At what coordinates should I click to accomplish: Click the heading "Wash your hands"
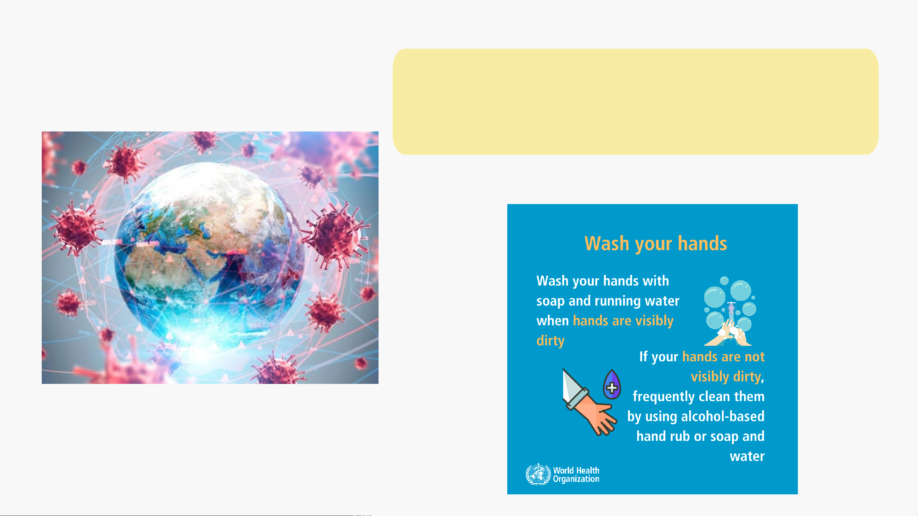[655, 244]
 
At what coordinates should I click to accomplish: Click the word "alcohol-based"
[723, 416]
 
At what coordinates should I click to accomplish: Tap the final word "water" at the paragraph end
[747, 456]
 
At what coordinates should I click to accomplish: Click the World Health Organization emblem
[538, 474]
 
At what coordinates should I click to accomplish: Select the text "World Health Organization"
[576, 475]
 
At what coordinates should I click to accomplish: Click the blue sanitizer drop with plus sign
[612, 385]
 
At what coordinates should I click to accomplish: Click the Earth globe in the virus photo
[210, 254]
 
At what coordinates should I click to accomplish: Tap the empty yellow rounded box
[635, 102]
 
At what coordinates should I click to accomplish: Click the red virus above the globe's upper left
[125, 162]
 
